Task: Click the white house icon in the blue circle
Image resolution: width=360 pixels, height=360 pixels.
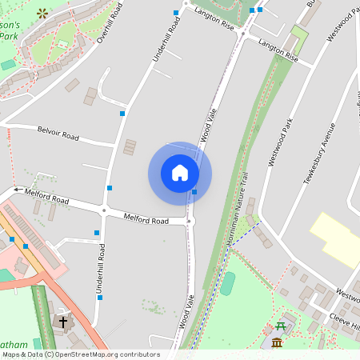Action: click(180, 173)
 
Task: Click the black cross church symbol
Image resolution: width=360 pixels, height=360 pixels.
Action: click(62, 322)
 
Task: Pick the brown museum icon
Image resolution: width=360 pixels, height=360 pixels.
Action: click(277, 343)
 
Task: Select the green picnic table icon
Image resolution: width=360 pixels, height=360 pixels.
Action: click(280, 326)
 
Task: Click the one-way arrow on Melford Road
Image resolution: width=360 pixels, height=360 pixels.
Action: click(17, 191)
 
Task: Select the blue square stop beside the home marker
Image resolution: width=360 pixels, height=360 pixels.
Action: click(194, 191)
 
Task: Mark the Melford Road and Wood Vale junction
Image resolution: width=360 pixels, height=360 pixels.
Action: click(190, 221)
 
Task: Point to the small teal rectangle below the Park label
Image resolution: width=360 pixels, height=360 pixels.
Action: click(8, 65)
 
